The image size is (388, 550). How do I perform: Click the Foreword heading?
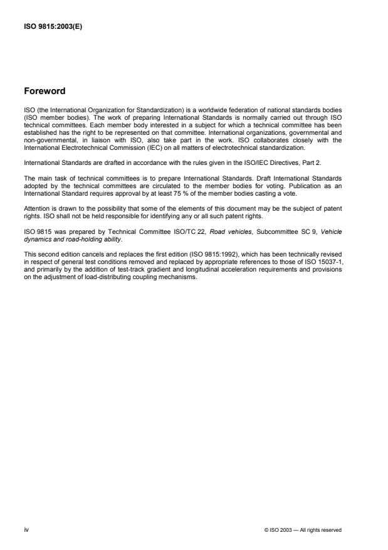(x=44, y=91)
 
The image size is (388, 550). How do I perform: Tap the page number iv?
(x=26, y=530)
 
